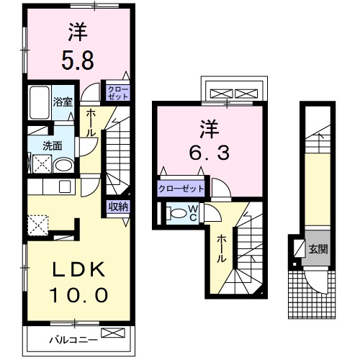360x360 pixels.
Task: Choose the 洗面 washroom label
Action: [52, 145]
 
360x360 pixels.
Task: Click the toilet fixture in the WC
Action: [176, 213]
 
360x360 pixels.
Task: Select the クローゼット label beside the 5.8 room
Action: [117, 91]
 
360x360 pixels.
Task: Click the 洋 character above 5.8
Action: [78, 32]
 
